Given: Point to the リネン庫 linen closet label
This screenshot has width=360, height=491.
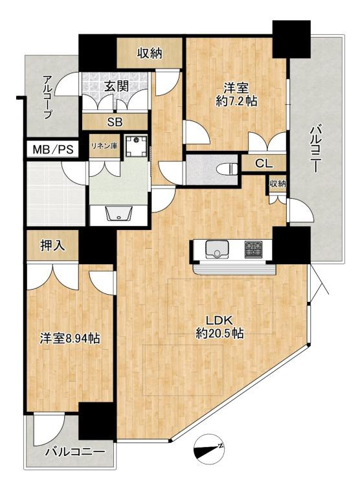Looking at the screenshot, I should [104, 146].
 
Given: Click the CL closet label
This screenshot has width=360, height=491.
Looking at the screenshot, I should [263, 163].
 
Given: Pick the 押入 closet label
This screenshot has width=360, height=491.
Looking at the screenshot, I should [53, 246].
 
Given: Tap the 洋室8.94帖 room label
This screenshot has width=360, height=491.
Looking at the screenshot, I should [65, 339].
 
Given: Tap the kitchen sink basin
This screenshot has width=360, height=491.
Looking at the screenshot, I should [216, 249].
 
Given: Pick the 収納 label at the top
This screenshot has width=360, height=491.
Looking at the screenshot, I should [149, 53].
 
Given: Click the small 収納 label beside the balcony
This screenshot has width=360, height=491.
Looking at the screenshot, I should [278, 185].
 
